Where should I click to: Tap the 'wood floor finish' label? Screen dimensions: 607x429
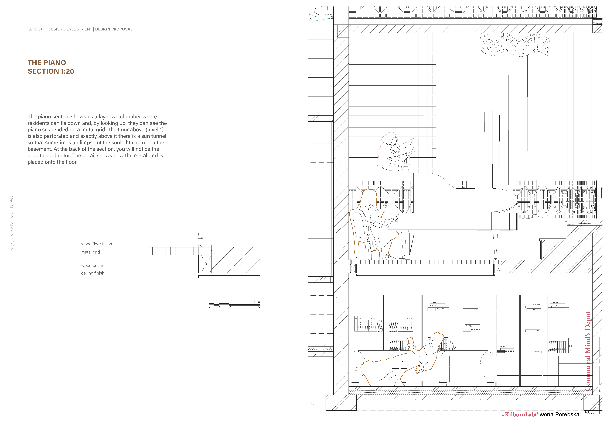(97, 244)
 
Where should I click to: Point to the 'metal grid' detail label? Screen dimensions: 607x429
(90, 252)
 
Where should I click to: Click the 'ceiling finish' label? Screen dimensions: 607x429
(93, 273)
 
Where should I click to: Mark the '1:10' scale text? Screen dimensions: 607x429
(256, 302)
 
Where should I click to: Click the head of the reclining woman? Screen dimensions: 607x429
(436, 341)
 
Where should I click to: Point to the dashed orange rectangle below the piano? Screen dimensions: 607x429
(498, 269)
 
